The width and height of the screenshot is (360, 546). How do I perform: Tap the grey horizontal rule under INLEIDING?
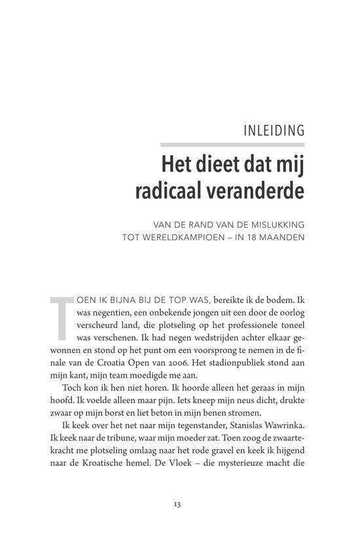point(232,145)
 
